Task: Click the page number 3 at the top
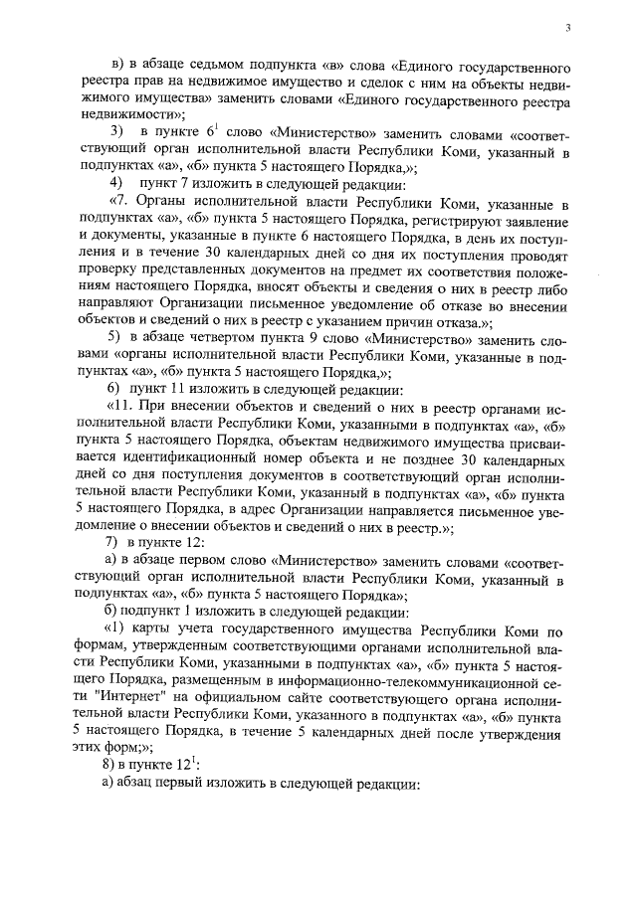(566, 29)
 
